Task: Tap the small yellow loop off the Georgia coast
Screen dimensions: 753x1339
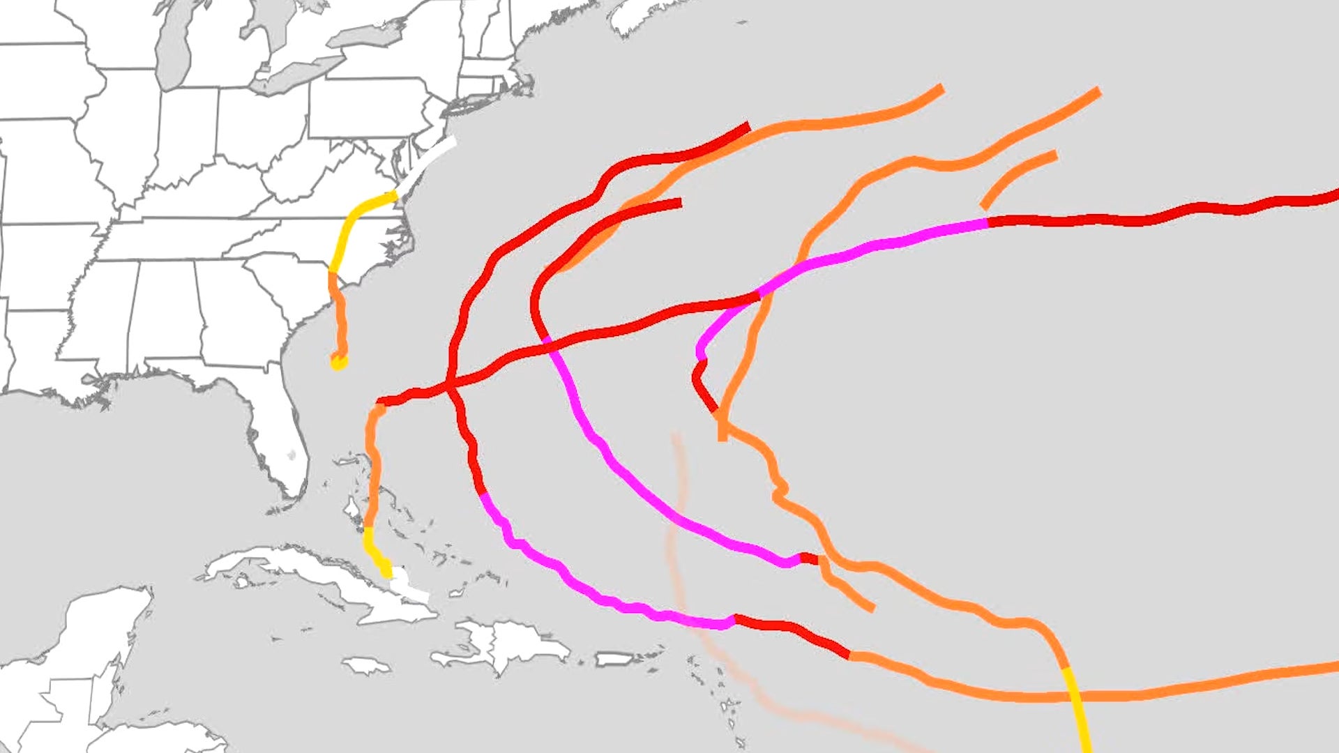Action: [338, 362]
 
